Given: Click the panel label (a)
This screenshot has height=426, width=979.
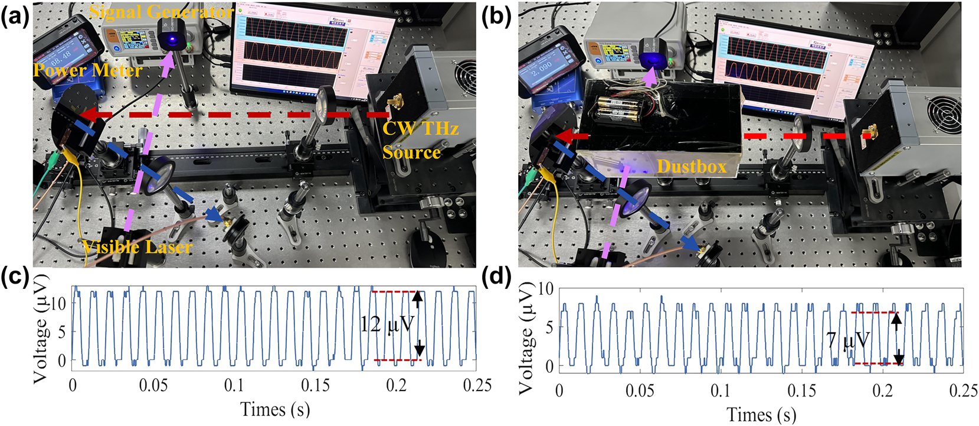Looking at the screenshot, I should [x=14, y=17].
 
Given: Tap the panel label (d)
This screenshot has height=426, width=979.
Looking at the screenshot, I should [x=496, y=277].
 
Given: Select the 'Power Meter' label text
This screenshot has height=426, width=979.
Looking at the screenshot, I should [x=87, y=71].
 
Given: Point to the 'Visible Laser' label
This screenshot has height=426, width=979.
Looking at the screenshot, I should [x=137, y=246].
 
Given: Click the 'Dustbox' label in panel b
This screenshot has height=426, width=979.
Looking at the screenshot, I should [x=691, y=167].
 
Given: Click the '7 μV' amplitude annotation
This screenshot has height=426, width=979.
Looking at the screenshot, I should [x=848, y=340].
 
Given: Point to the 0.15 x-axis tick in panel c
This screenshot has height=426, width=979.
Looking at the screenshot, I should [x=315, y=386].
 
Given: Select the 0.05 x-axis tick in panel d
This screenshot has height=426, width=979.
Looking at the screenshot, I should [x=640, y=391].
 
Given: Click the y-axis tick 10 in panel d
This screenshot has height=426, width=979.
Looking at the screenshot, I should [x=546, y=289].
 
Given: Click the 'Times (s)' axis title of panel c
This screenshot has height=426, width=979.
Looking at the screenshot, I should [x=275, y=409].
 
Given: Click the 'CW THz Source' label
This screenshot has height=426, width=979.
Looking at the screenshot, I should [x=420, y=140].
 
